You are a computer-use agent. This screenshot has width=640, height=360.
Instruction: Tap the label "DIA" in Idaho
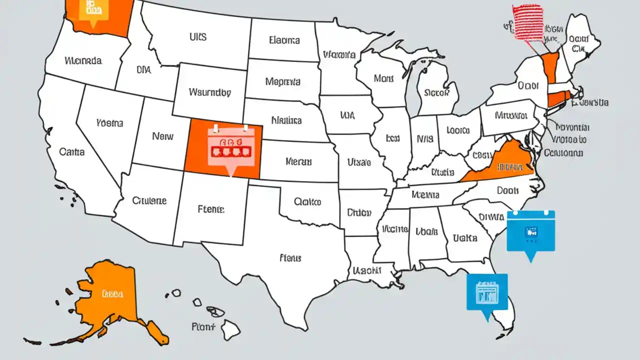coord(143,71)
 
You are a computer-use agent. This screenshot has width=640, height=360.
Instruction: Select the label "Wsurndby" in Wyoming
coord(210,92)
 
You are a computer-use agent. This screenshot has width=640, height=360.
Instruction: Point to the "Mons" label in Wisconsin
coord(383,78)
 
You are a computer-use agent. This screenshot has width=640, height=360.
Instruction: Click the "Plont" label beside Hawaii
coord(203,327)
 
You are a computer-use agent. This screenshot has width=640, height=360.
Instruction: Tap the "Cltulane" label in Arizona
coord(149,200)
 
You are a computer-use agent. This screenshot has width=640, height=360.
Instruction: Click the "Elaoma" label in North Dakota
coord(284,40)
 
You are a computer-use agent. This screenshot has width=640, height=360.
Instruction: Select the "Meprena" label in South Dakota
coord(283,81)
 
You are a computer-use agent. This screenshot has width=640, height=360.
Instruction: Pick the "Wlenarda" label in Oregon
coord(83,61)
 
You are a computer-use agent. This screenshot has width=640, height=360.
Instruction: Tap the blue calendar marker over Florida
coord(486,292)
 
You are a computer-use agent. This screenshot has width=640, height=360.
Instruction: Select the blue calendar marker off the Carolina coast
coord(530,231)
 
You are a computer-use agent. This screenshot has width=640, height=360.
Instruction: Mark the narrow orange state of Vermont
coord(549,67)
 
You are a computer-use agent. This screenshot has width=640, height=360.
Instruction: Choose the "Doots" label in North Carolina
coord(508,190)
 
